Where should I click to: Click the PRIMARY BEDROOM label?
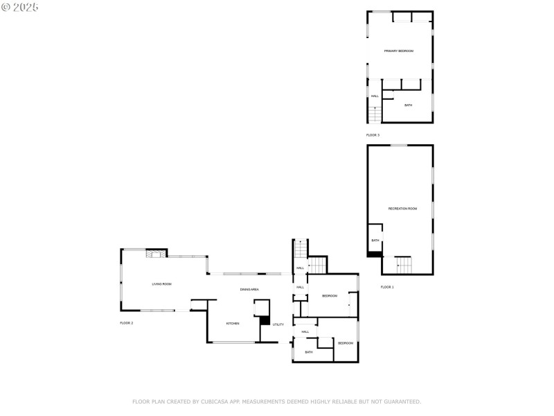pyautogui.click(x=399, y=51)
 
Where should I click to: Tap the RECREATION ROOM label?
pyautogui.click(x=402, y=209)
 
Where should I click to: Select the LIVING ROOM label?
pyautogui.click(x=162, y=284)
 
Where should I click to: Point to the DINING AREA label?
pyautogui.click(x=249, y=289)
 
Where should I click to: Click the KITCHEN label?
pyautogui.click(x=233, y=324)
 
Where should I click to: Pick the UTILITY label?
pyautogui.click(x=278, y=324)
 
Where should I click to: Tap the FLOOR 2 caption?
pyautogui.click(x=126, y=323)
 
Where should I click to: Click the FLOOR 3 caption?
pyautogui.click(x=373, y=135)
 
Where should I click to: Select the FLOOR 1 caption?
pyautogui.click(x=387, y=287)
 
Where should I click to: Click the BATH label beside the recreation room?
pyautogui.click(x=375, y=241)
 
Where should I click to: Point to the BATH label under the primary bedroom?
pyautogui.click(x=409, y=105)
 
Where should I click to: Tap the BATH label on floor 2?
pyautogui.click(x=309, y=352)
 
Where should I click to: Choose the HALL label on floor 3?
pyautogui.click(x=375, y=96)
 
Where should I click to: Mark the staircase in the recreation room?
pyautogui.click(x=403, y=265)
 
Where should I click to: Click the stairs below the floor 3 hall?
pyautogui.click(x=375, y=114)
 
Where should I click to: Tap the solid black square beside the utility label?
pyautogui.click(x=265, y=320)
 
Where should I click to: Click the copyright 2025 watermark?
pyautogui.click(x=20, y=7)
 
